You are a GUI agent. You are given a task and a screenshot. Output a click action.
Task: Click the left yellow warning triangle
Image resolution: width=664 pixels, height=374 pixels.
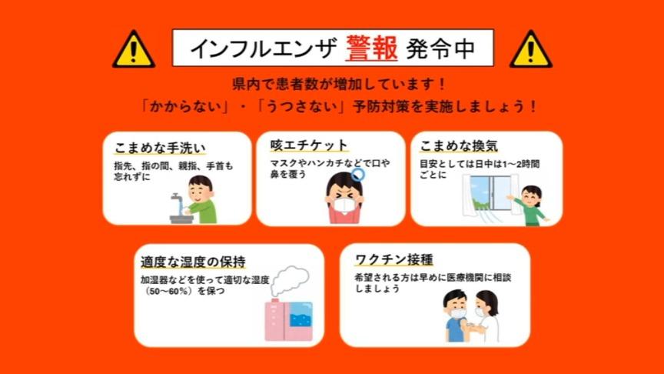coord(134,49)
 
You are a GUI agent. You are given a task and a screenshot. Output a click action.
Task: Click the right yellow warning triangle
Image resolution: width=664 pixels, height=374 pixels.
coord(531,49)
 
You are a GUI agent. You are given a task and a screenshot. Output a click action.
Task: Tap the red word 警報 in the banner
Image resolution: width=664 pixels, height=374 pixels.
coord(371,48)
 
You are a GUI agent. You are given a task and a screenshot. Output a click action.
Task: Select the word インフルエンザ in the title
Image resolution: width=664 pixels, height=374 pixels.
coord(264,48)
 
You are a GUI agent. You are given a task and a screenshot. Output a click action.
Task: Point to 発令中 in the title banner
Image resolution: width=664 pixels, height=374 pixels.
coord(440,48)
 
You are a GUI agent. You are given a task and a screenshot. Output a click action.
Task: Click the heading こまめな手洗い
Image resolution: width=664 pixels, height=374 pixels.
coord(160,148)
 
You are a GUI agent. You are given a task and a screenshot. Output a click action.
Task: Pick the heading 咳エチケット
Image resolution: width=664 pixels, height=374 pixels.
coord(309,145)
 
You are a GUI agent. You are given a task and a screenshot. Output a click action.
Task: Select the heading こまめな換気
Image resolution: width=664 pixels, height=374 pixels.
coord(459,145)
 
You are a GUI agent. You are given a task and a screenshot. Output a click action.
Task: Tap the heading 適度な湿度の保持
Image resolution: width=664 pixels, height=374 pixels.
coord(193,262)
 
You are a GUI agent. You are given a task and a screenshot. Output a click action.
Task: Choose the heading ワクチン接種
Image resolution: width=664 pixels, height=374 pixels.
coord(393,259)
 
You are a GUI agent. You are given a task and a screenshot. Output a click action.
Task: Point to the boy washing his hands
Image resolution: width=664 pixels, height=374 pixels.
coord(201,199)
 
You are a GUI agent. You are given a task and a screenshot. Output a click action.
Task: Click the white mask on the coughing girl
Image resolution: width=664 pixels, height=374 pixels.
coord(344,205)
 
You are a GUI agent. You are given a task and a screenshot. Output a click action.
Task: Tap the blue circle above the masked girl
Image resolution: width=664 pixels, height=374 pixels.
coord(358,174)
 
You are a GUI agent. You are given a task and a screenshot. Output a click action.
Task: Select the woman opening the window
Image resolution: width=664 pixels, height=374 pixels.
coord(529,205)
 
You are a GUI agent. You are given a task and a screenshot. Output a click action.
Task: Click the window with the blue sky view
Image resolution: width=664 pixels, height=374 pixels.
coord(491,193)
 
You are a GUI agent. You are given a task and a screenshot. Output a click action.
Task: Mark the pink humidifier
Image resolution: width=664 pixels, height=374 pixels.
coord(289,320)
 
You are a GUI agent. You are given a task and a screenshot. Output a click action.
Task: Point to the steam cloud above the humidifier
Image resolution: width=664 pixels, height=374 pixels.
coord(290,281)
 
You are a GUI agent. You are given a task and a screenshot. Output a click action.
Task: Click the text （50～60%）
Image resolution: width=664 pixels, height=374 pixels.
coord(169,292)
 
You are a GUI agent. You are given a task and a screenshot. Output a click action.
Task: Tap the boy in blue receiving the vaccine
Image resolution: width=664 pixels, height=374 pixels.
coord(456,316)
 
